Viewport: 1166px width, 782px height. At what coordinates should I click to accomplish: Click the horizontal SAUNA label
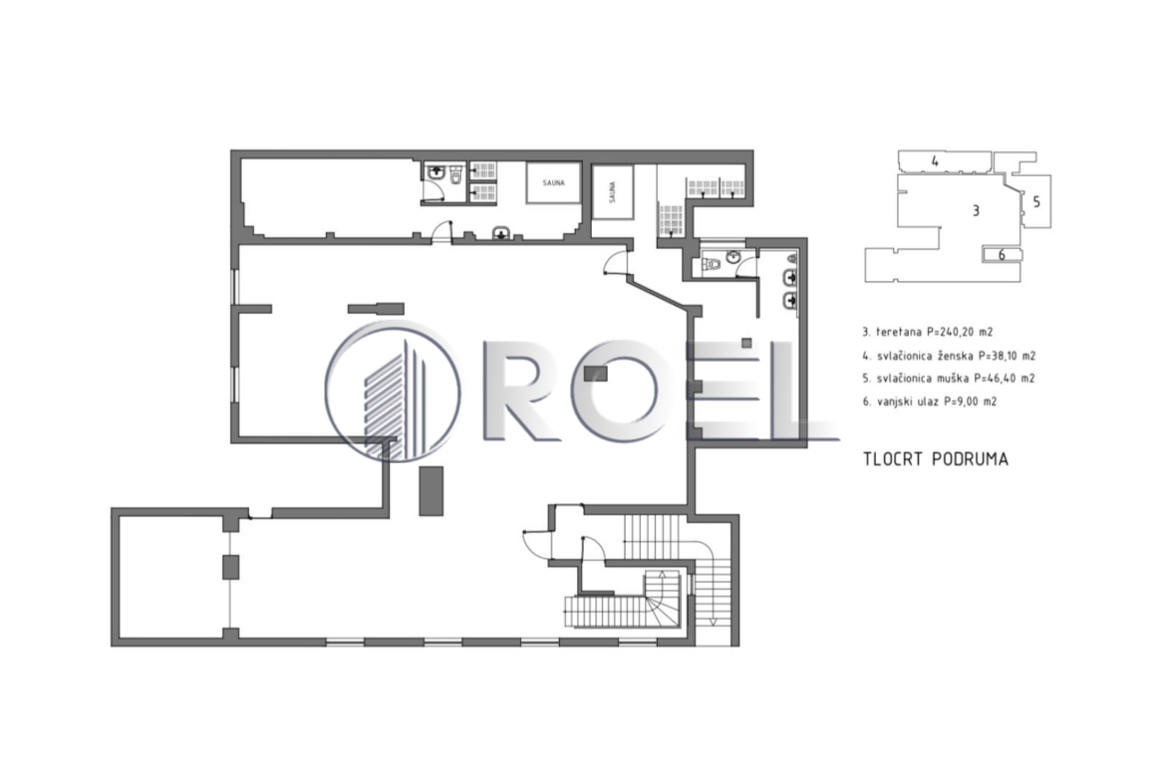[553, 183]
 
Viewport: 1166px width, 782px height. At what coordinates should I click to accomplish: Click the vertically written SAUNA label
[612, 192]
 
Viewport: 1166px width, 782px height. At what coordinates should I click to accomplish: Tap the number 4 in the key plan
[935, 161]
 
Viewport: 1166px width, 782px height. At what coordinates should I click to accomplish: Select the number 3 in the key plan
[976, 211]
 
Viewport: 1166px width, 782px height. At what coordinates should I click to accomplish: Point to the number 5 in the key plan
[1035, 201]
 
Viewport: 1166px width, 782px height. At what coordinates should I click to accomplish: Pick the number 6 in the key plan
[1001, 256]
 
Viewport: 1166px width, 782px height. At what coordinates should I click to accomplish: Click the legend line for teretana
[927, 333]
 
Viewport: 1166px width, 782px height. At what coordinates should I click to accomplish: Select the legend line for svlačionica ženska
[948, 356]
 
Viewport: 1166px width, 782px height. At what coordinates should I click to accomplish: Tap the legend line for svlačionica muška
[948, 379]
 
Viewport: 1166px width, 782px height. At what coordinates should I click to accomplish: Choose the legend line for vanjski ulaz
[930, 402]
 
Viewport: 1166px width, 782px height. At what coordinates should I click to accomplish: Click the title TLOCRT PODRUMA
[936, 459]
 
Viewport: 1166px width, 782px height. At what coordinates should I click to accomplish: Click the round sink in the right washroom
[733, 257]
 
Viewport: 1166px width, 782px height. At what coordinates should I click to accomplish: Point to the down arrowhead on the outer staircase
[713, 622]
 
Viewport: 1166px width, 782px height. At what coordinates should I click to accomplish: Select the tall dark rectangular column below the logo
[432, 490]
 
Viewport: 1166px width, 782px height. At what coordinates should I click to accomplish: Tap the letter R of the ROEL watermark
[524, 391]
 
